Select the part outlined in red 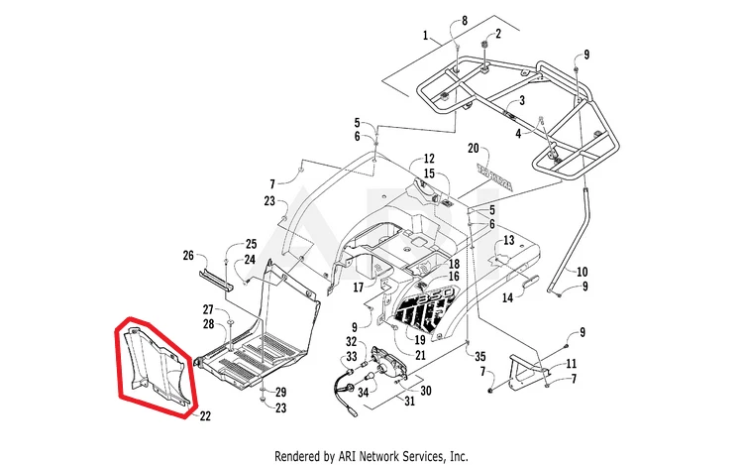(154, 367)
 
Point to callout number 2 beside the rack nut (498, 33)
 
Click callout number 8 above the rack (463, 20)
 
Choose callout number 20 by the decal (474, 146)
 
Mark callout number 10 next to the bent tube (583, 271)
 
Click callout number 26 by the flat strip (189, 255)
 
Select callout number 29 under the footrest (280, 392)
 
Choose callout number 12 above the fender (429, 159)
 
